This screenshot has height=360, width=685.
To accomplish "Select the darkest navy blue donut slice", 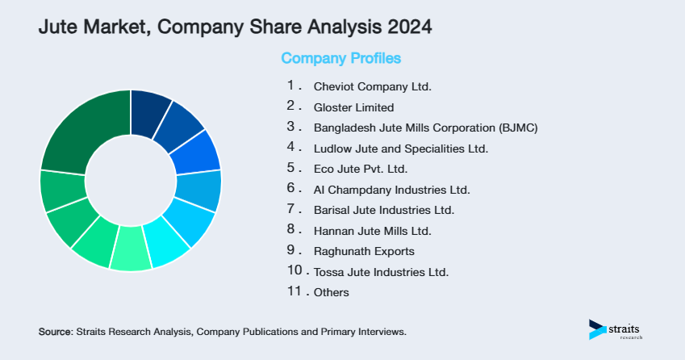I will point(149,107).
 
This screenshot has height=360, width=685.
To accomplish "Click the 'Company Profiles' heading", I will point(340,58).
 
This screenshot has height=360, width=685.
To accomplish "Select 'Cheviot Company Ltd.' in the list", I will point(373,86).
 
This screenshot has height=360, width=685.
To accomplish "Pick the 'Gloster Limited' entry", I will point(353,107).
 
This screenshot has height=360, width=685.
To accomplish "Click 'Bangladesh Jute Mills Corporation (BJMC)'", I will point(425,128).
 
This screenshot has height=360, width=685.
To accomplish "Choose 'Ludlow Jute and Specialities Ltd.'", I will point(400,149).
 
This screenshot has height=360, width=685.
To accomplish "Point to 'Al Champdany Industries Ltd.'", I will point(391,190).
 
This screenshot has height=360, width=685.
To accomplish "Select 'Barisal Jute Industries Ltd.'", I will point(383,210).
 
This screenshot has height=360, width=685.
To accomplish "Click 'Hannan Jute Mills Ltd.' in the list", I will point(372,231).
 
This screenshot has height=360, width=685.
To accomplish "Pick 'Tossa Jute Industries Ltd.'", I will point(380,272).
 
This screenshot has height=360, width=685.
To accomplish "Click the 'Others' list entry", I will point(331,292).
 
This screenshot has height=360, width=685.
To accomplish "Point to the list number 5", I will point(291,168).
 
